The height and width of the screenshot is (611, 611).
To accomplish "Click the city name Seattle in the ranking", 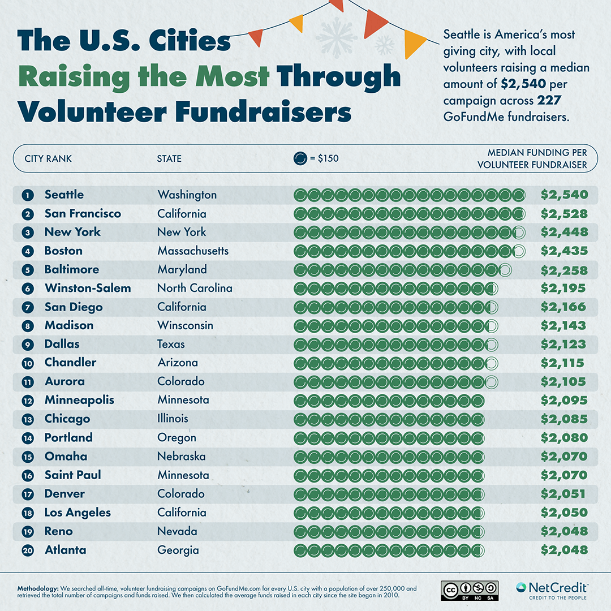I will pyautogui.click(x=64, y=195).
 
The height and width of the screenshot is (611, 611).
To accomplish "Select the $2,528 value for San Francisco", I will pyautogui.click(x=564, y=214).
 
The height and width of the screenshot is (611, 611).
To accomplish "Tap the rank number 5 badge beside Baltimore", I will pyautogui.click(x=27, y=270).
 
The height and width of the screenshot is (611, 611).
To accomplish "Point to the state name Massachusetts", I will pyautogui.click(x=193, y=251).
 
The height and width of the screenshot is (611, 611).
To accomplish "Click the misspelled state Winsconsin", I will pyautogui.click(x=185, y=325).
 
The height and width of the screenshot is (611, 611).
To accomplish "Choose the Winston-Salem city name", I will pyautogui.click(x=88, y=288).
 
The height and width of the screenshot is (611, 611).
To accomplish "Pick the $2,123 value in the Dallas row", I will pyautogui.click(x=564, y=345).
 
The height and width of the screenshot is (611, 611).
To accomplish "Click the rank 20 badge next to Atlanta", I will pyautogui.click(x=27, y=550).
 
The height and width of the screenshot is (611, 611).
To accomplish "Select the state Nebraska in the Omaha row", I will pyautogui.click(x=181, y=456).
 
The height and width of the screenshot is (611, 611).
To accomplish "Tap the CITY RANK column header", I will pyautogui.click(x=48, y=158).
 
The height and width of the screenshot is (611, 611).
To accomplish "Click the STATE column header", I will pyautogui.click(x=169, y=158).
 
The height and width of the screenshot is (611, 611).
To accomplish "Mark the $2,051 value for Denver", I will pyautogui.click(x=563, y=494).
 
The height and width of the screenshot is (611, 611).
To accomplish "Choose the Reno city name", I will pyautogui.click(x=59, y=531).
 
